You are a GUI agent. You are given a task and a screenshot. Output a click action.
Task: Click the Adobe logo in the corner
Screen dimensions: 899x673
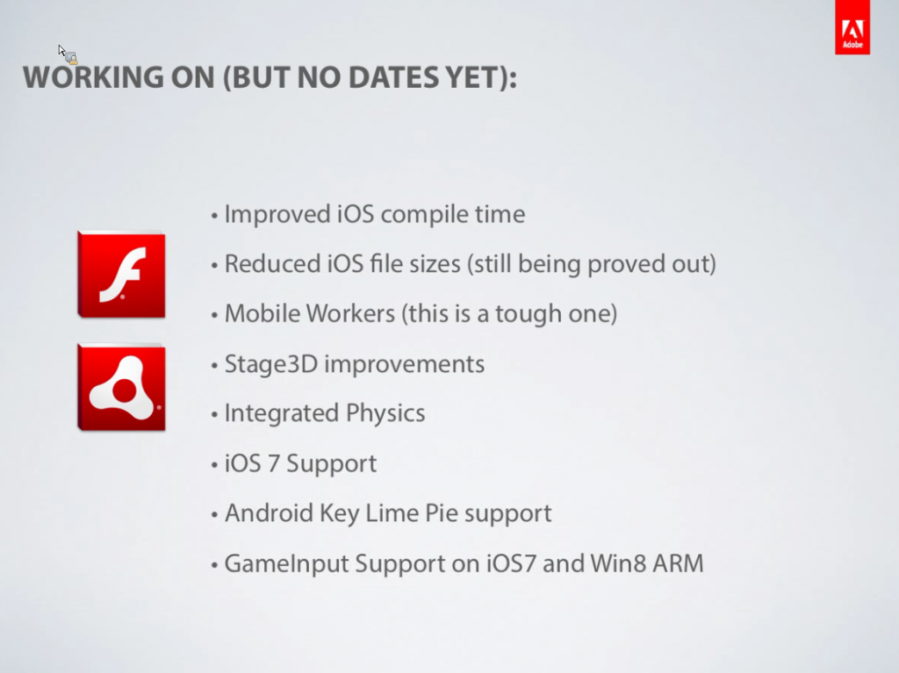(852, 27)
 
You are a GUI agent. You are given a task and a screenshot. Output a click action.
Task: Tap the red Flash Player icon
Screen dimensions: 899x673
(121, 275)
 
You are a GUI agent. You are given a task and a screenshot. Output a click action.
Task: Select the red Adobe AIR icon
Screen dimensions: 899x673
(121, 387)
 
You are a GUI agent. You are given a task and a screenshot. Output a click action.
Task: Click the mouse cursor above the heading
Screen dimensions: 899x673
(67, 54)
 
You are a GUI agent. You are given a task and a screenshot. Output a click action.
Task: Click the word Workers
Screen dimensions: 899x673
(350, 313)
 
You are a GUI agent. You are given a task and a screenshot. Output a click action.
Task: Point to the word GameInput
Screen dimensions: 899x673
(286, 564)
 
